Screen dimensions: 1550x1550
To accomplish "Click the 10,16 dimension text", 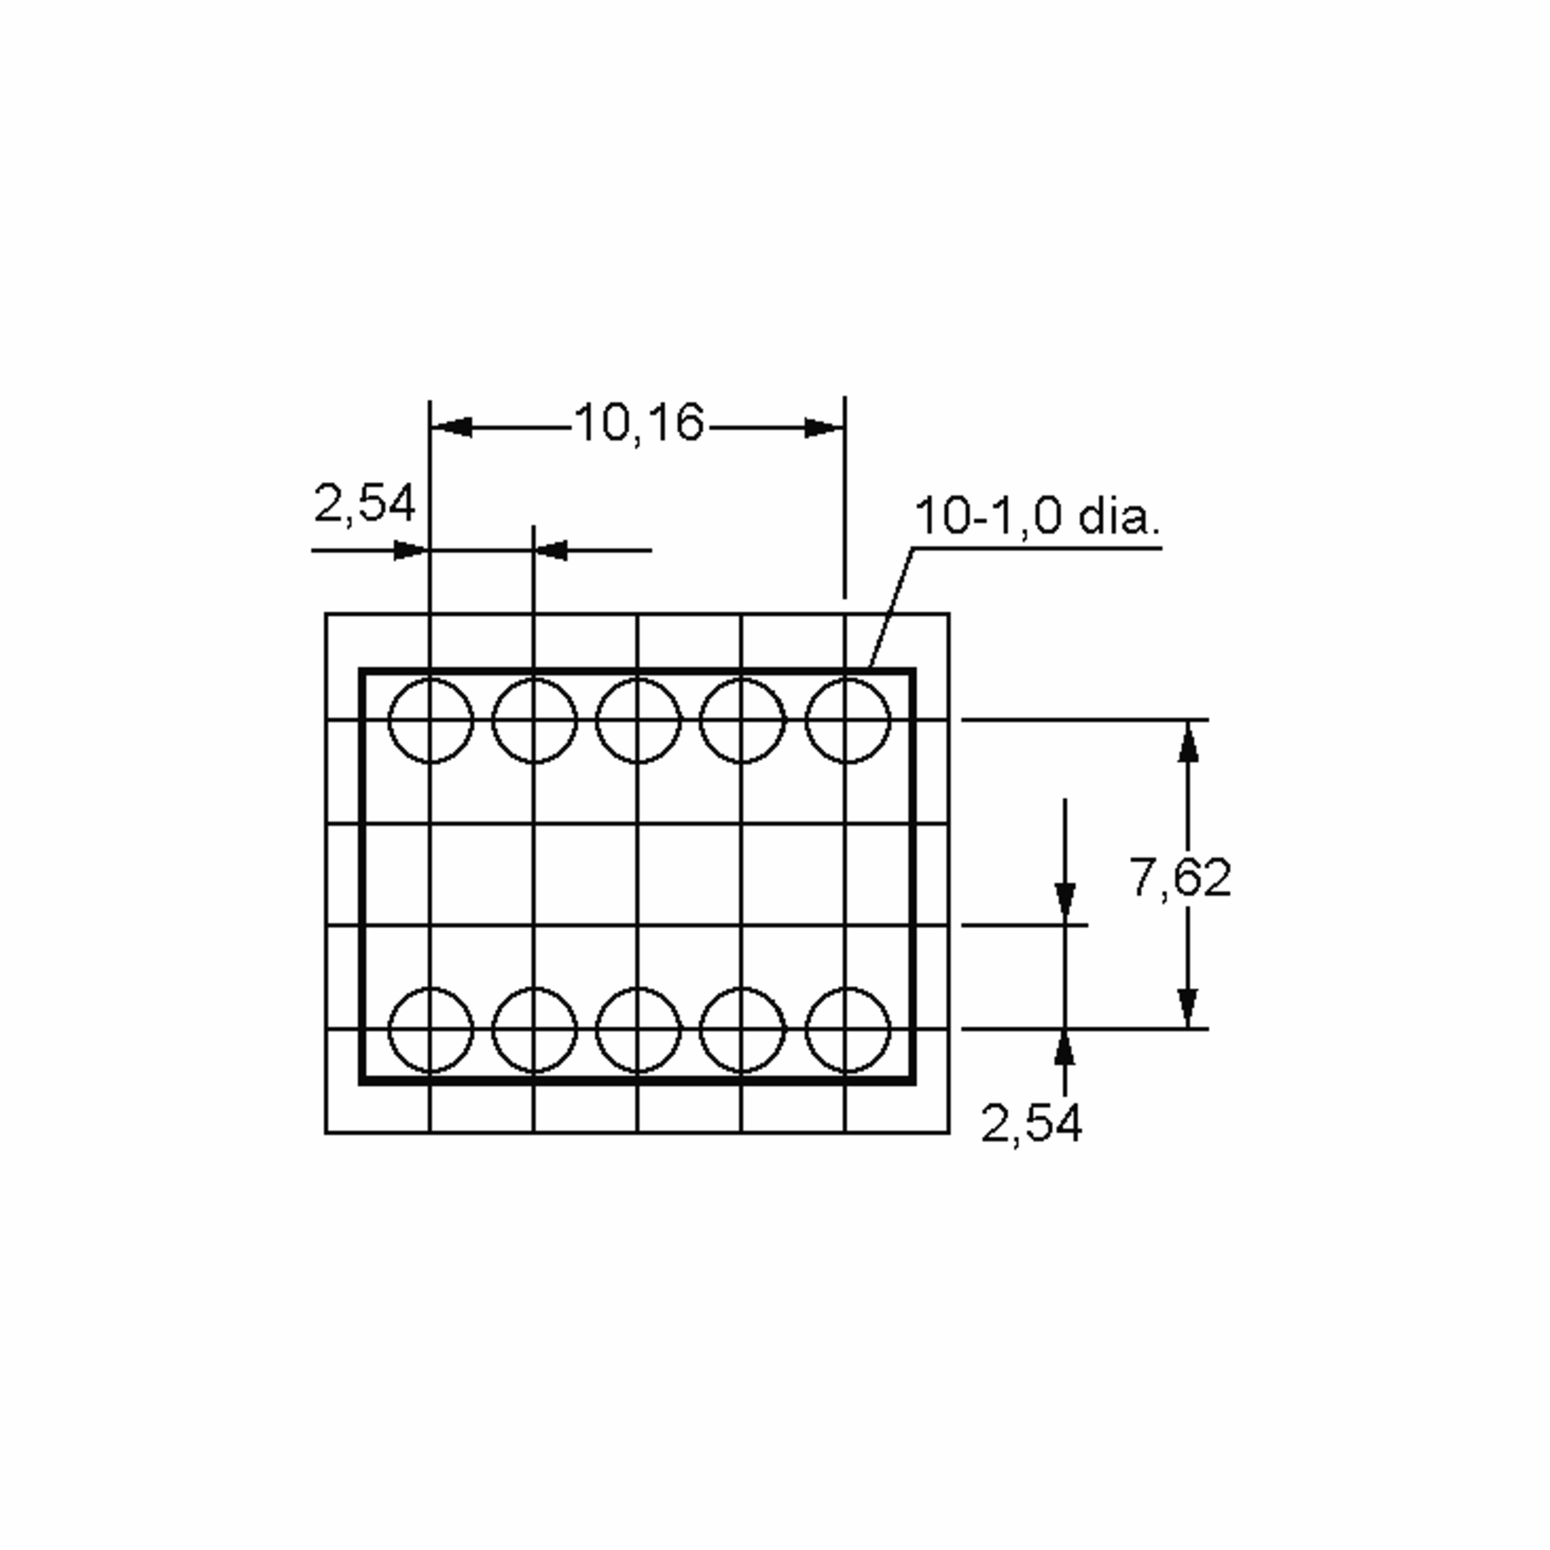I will [x=639, y=423].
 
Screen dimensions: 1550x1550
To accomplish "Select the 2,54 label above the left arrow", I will [x=364, y=504].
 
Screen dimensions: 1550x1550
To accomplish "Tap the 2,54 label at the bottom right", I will [x=1031, y=1122].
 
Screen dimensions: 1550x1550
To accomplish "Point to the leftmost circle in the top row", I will [x=431, y=721].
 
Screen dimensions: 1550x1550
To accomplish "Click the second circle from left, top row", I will [x=534, y=721].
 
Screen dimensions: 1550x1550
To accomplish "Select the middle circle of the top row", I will [x=639, y=721].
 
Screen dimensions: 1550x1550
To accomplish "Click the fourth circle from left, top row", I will [x=742, y=721].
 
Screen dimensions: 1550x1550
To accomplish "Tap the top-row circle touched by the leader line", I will [x=847, y=721].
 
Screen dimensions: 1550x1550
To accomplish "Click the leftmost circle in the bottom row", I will [x=431, y=1029].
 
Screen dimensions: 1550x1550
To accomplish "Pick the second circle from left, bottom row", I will [x=534, y=1029].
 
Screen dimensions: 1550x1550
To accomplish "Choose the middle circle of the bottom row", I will [x=639, y=1029].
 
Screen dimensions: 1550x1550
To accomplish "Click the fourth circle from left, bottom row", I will [x=742, y=1029].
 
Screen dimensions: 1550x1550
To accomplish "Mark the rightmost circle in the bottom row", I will [x=847, y=1029].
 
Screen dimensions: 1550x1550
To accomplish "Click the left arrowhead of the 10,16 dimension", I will [x=451, y=428].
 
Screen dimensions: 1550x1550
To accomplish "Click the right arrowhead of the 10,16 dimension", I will [x=824, y=428].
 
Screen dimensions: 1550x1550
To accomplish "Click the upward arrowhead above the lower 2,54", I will [x=1064, y=1049].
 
